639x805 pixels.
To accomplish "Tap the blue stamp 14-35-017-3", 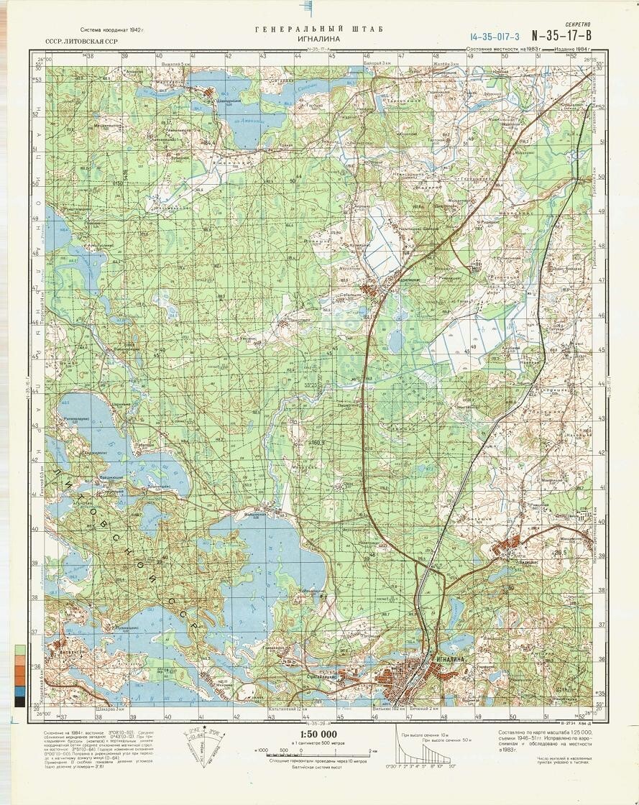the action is tap(495, 36).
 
